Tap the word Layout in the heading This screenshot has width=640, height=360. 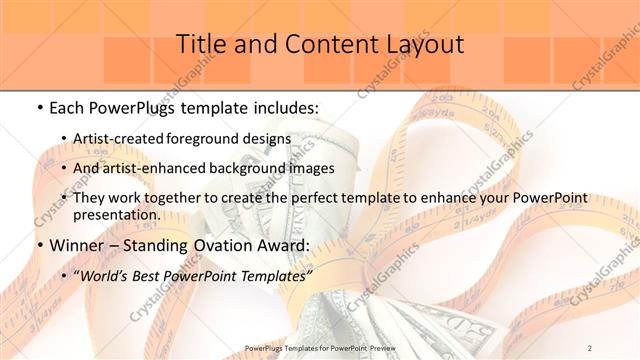(424, 45)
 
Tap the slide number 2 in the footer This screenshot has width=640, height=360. (590, 347)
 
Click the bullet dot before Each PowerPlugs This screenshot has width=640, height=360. (38, 105)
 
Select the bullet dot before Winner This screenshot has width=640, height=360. (38, 244)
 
